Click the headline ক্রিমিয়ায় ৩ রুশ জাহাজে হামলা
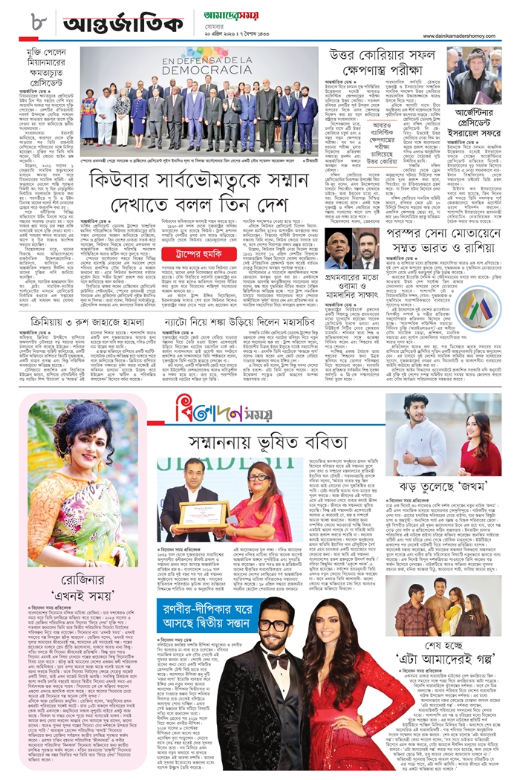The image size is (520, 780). (x=75, y=322)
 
